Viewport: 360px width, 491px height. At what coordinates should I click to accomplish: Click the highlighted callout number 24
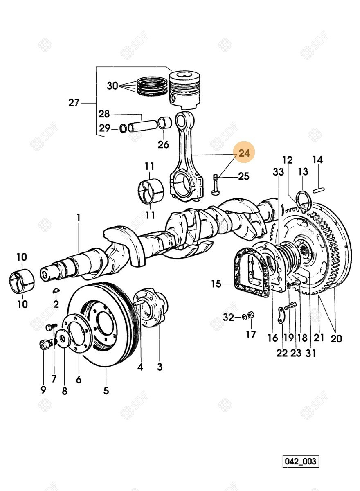point(244,154)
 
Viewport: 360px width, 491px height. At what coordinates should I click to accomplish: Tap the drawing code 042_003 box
point(301,462)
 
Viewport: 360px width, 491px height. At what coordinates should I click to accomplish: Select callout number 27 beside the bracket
point(74,103)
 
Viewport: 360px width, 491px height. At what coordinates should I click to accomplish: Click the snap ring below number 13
point(303,200)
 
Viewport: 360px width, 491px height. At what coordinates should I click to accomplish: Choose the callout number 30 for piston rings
point(112,86)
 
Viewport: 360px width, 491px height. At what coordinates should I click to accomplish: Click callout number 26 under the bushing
point(163,144)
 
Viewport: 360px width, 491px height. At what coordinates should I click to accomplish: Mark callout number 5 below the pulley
point(106,390)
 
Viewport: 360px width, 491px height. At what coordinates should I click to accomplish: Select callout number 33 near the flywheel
point(278,172)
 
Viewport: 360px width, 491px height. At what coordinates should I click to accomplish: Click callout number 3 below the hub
point(160,367)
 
